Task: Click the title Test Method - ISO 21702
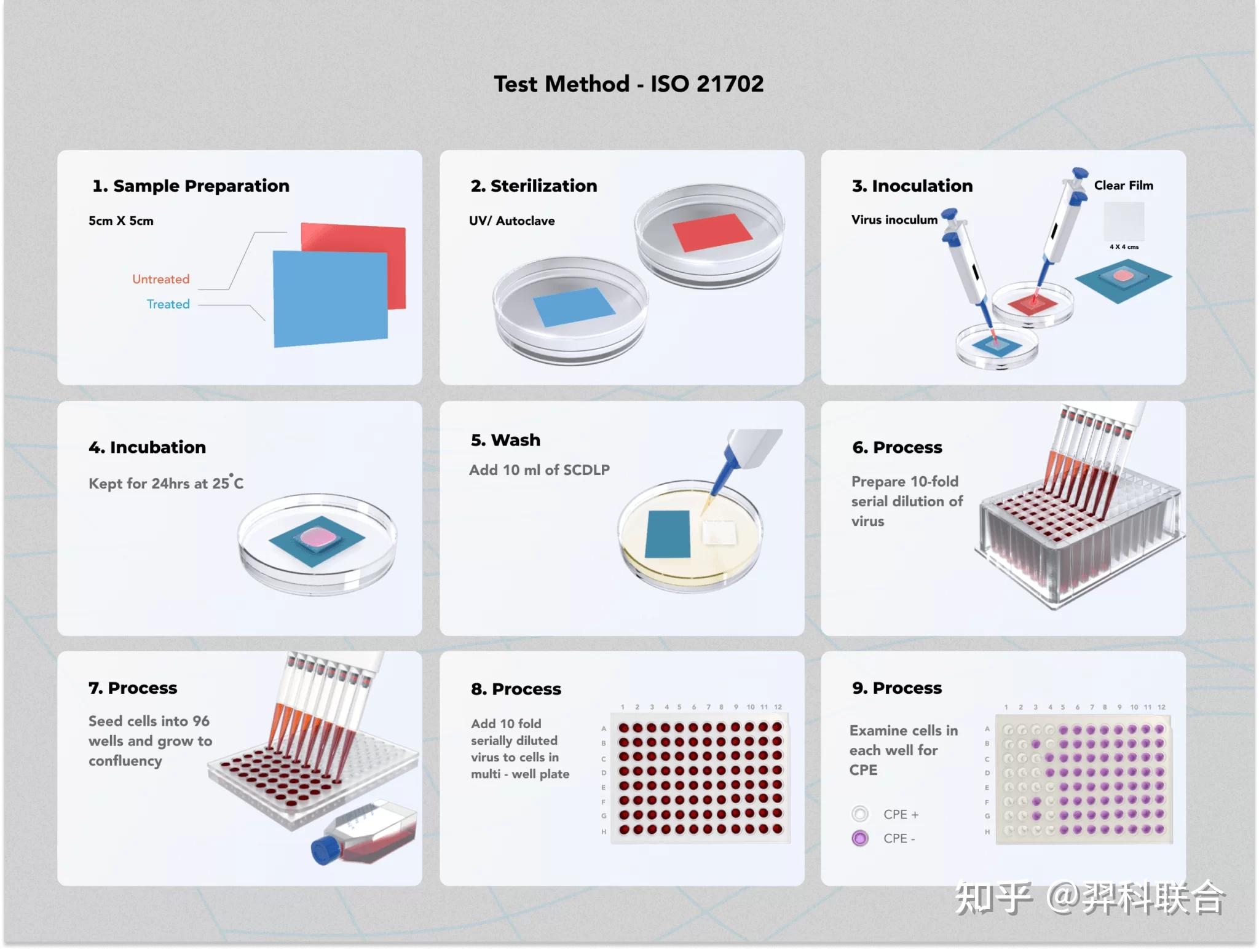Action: tap(628, 84)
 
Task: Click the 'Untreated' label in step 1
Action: tap(160, 279)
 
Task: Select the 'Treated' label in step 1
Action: tap(168, 304)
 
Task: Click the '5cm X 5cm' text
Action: tap(121, 221)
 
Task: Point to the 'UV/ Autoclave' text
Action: tap(511, 221)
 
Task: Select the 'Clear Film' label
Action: tap(1123, 185)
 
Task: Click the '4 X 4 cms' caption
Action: tap(1124, 247)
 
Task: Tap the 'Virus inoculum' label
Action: tap(894, 219)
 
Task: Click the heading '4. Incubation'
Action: tap(147, 447)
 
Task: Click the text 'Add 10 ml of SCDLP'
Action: tap(539, 470)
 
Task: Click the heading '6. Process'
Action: tap(897, 447)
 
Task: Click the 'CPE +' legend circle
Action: tap(860, 814)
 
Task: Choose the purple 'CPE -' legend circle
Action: tap(860, 838)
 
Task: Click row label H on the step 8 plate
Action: tap(604, 831)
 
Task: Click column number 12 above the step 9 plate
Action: tap(1161, 707)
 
